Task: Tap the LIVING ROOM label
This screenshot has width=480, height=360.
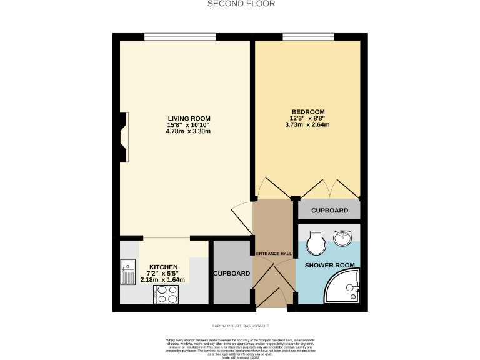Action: (x=189, y=118)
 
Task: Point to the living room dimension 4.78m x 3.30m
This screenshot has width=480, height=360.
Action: (x=189, y=132)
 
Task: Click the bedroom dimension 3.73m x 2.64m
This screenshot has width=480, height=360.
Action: (x=307, y=124)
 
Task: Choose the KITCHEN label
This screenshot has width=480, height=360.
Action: (x=163, y=267)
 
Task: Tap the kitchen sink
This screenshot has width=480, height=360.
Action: (x=128, y=272)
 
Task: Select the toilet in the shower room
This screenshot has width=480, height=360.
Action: (x=316, y=242)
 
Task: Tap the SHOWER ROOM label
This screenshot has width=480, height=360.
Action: (x=329, y=266)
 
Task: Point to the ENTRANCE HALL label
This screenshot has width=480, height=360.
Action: (x=274, y=253)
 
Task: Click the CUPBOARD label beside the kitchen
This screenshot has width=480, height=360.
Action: (x=232, y=274)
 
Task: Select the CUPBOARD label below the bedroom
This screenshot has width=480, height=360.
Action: (x=329, y=211)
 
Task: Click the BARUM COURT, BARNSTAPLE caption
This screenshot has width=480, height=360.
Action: (x=240, y=326)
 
